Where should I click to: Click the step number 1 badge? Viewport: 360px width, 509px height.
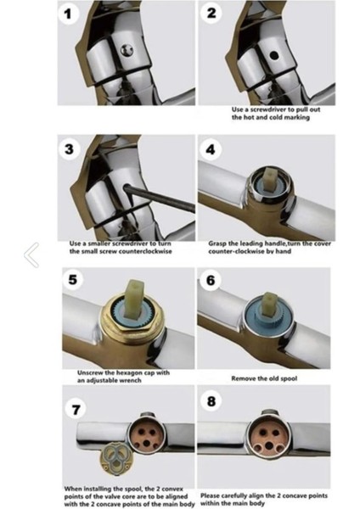pyautogui.click(x=68, y=14)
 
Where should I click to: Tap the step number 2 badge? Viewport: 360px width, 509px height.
pyautogui.click(x=211, y=14)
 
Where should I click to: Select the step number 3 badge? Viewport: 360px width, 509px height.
pyautogui.click(x=70, y=149)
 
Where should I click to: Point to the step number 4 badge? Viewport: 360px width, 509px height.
pyautogui.click(x=211, y=149)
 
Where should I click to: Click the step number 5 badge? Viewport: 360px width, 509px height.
pyautogui.click(x=73, y=279)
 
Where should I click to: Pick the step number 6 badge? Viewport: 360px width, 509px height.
pyautogui.click(x=211, y=280)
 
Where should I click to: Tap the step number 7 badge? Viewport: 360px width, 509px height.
pyautogui.click(x=76, y=410)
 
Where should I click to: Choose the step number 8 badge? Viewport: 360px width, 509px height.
pyautogui.click(x=211, y=401)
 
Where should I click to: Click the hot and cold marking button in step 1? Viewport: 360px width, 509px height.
pyautogui.click(x=127, y=50)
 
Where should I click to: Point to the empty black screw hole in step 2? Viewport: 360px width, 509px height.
pyautogui.click(x=274, y=55)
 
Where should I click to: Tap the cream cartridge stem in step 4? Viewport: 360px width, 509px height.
pyautogui.click(x=270, y=178)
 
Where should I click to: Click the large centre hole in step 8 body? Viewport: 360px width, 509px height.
pyautogui.click(x=268, y=445)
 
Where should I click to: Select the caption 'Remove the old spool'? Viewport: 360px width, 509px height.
pyautogui.click(x=264, y=378)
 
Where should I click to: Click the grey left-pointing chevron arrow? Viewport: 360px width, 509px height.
pyautogui.click(x=31, y=255)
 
